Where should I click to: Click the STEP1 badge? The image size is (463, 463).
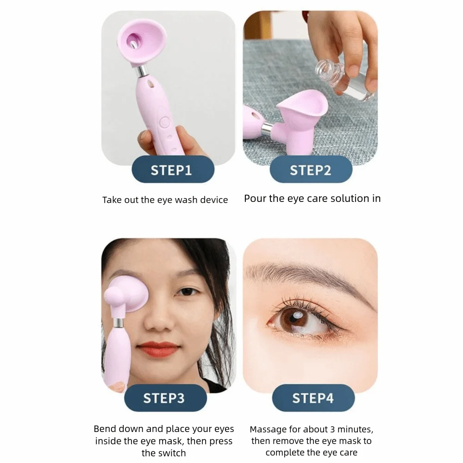[x=171, y=170]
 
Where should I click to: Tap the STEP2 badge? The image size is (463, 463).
[x=311, y=170]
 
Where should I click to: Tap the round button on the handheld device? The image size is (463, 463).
[x=164, y=123]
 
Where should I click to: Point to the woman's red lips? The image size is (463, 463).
[x=158, y=349]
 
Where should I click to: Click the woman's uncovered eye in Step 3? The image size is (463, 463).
[x=188, y=292]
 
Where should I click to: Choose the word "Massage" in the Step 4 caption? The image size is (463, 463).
[x=268, y=429]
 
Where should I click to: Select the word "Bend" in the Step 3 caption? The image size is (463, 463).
[x=105, y=429]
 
